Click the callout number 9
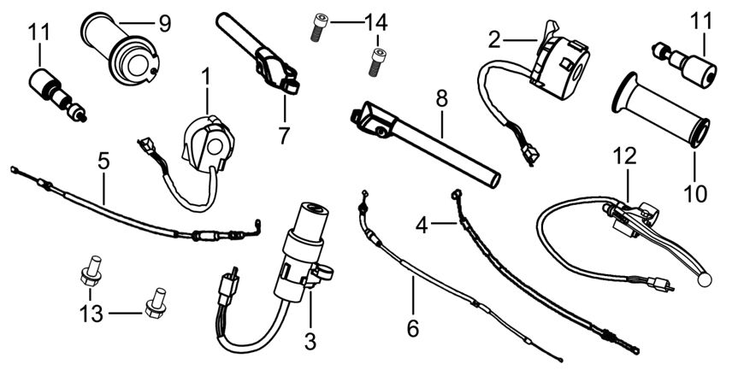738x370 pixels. click(165, 24)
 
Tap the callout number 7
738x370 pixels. click(283, 137)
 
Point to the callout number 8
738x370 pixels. click(441, 100)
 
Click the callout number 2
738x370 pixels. click(493, 40)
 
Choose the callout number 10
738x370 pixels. click(695, 194)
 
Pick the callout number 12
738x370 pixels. click(625, 156)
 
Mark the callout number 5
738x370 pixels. click(103, 162)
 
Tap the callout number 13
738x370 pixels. click(92, 314)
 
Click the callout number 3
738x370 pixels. click(310, 342)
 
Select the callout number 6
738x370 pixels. click(413, 329)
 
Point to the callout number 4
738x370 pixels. click(422, 226)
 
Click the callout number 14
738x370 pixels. click(375, 22)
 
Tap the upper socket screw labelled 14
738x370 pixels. click(320, 27)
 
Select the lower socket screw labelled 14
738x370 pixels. click(375, 62)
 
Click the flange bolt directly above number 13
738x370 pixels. click(91, 271)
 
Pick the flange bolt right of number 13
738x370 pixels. click(156, 302)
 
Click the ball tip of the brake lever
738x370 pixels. click(705, 279)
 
